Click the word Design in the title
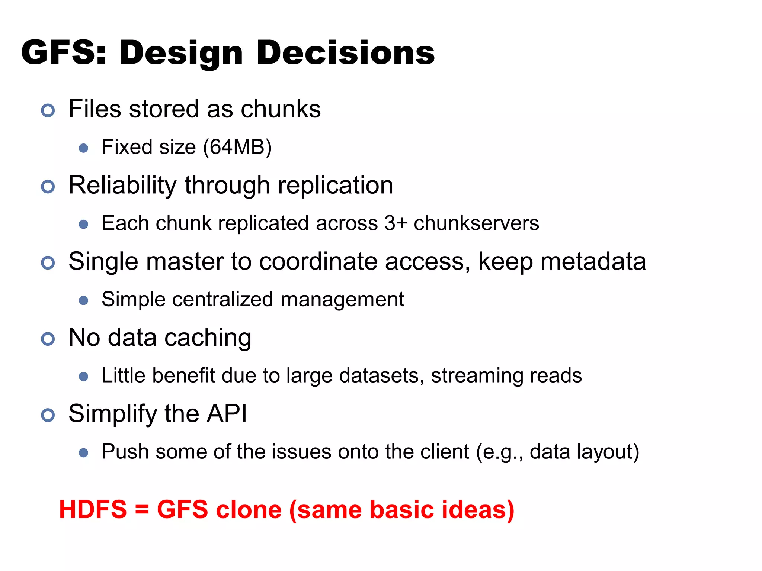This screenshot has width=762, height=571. click(181, 53)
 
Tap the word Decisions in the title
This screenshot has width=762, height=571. click(345, 52)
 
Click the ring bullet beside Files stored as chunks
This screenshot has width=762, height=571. click(48, 110)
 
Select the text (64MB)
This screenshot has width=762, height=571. click(237, 147)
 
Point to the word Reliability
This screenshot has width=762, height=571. click(122, 186)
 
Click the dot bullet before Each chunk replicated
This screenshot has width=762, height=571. click(84, 224)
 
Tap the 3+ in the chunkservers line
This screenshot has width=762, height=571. click(396, 223)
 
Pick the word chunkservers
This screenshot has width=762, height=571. click(476, 223)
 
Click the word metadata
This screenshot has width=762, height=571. click(593, 261)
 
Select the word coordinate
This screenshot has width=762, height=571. click(318, 261)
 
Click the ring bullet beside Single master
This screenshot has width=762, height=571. click(48, 263)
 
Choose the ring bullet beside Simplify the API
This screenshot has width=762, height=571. click(48, 415)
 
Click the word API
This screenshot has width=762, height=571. click(227, 413)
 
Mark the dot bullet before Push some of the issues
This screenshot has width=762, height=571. click(84, 452)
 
